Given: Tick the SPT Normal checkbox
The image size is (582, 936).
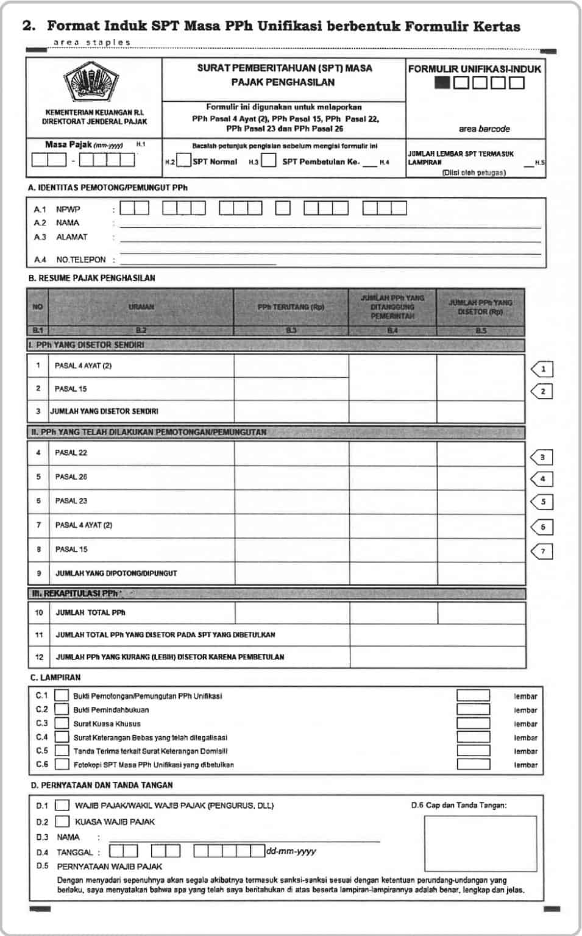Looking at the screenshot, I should (x=183, y=161).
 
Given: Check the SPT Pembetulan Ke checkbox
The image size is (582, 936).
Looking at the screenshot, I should (x=269, y=161).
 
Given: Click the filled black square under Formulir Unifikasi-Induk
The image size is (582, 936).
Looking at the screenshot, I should (x=442, y=82).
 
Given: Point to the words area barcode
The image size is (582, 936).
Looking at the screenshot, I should (x=484, y=129).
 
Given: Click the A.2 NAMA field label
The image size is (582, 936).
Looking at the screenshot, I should (x=67, y=223).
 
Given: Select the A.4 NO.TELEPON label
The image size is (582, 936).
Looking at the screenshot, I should (x=80, y=260).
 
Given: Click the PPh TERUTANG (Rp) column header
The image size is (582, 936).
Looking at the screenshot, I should (x=291, y=307).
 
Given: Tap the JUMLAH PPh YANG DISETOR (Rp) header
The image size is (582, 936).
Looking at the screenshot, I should (x=480, y=307).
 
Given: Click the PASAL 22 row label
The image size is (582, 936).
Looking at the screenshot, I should (x=71, y=453).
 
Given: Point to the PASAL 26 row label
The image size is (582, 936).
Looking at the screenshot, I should (x=71, y=477).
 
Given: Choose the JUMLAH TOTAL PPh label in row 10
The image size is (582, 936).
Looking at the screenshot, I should (x=90, y=612).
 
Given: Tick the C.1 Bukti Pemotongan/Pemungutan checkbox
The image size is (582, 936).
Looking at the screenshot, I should (x=62, y=695).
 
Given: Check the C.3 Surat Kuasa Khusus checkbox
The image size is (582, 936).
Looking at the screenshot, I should (x=62, y=723).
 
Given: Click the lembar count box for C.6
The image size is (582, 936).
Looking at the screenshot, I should (x=473, y=764).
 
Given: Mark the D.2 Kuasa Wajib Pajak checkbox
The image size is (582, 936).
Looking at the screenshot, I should (x=62, y=821).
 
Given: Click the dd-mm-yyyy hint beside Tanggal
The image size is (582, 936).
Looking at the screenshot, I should (x=291, y=851).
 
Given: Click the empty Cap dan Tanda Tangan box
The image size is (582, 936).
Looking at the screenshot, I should (x=480, y=845).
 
